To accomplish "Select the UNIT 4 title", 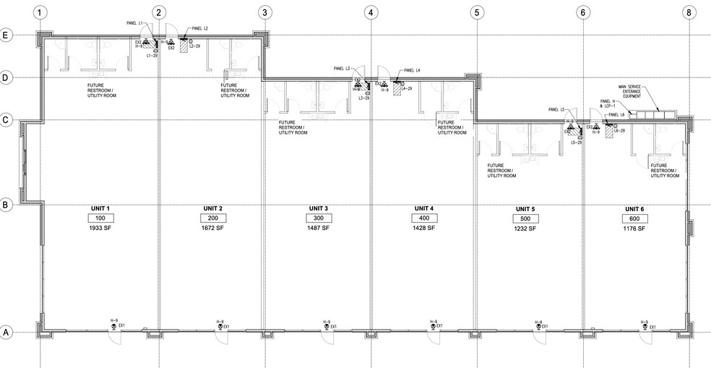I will click(x=421, y=209).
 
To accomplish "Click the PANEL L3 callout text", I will click(x=342, y=69).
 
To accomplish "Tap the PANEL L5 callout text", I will click(x=558, y=110).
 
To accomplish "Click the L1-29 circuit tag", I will click(x=152, y=55).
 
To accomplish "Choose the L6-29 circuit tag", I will click(x=619, y=132).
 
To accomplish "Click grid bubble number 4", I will click(x=370, y=12).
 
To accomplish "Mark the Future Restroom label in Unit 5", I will click(x=502, y=171).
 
